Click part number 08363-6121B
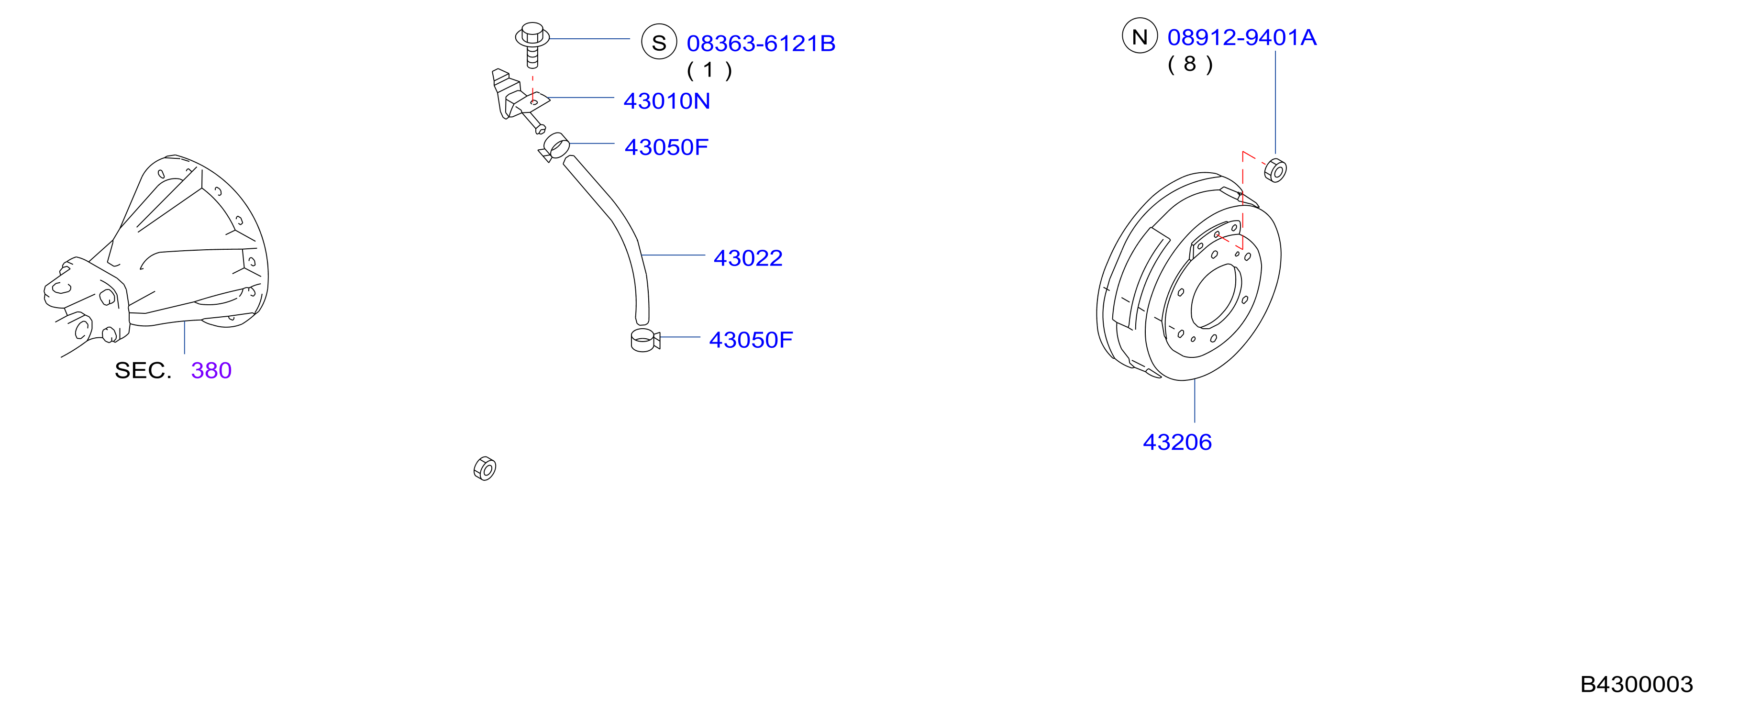tap(761, 43)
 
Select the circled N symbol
tap(1140, 35)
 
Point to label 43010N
tap(666, 100)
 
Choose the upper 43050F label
tap(666, 147)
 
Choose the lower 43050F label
tap(751, 340)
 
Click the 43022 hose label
tap(748, 257)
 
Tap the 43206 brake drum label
tap(1177, 442)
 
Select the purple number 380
tap(211, 370)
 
